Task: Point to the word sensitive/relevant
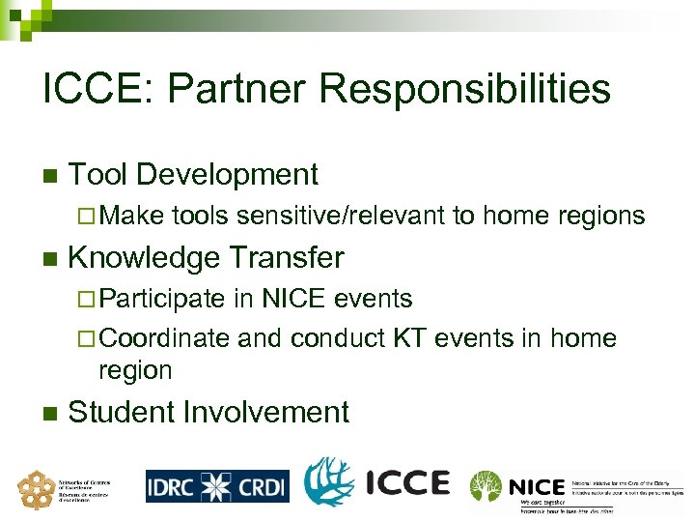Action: [x=342, y=217]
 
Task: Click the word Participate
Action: [x=161, y=300]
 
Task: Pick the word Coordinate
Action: [x=164, y=338]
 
